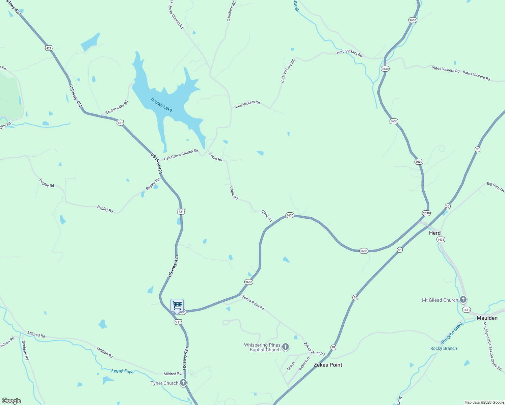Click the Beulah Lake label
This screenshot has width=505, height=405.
(161, 105)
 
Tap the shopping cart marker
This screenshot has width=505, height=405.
(177, 306)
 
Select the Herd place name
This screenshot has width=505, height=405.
(435, 233)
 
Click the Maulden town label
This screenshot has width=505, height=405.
(487, 318)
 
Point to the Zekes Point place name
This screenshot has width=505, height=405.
(328, 365)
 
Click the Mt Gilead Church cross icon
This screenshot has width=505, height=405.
(463, 299)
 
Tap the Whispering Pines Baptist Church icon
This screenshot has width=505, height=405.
(286, 347)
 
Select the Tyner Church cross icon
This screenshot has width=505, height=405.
(183, 382)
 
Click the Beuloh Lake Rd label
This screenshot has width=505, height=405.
(116, 108)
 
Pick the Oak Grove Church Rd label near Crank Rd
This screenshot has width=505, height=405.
(181, 155)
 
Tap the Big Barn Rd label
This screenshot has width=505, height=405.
(495, 187)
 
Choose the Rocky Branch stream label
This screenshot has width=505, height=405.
(444, 348)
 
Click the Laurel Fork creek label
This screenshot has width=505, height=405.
(122, 371)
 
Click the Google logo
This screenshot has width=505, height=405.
(11, 401)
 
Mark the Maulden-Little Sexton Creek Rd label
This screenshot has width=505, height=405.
(492, 346)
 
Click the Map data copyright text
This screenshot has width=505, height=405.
(484, 402)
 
